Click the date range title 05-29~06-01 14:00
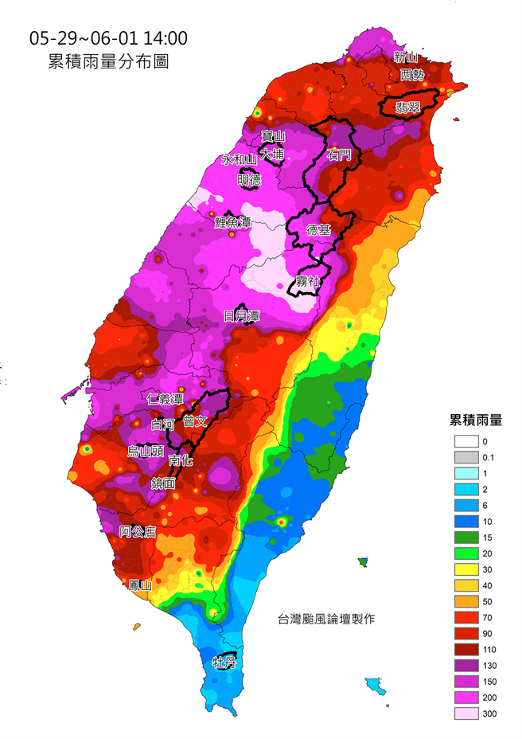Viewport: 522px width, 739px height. pos(108,38)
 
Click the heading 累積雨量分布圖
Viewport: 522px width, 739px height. pos(108,62)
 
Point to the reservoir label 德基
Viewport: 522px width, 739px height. pos(318,230)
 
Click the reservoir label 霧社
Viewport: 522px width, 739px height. pos(306,281)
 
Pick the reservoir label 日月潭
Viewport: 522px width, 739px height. pos(241,316)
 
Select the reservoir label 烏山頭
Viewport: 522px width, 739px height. pos(146,452)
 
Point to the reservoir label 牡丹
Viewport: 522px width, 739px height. pos(224,663)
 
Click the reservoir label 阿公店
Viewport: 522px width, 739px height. pos(137,531)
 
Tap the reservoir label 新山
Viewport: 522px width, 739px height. pos(406,57)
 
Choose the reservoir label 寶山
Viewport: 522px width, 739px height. pos(273,137)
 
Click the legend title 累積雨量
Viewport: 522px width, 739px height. pos(475,420)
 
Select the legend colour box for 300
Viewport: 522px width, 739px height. pos(466,714)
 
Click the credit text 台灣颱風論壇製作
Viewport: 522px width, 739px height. pos(325,619)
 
